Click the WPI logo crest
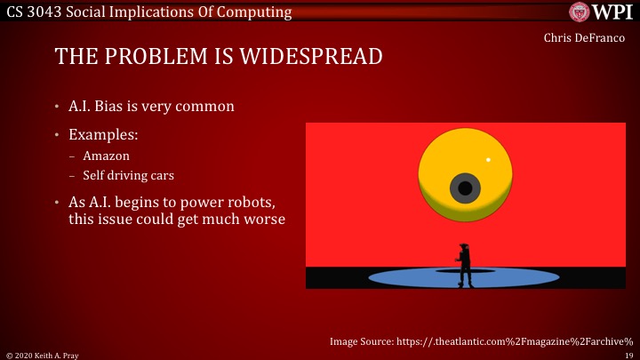click(x=582, y=12)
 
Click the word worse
click(x=262, y=219)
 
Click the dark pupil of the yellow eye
click(x=465, y=188)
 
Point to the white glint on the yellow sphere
click(x=488, y=160)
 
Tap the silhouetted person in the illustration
click(x=463, y=265)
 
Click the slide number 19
click(x=628, y=353)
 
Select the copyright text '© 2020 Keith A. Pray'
click(x=35, y=353)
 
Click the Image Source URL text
click(x=480, y=340)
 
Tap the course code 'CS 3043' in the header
click(x=35, y=12)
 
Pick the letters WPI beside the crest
click(x=614, y=12)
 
